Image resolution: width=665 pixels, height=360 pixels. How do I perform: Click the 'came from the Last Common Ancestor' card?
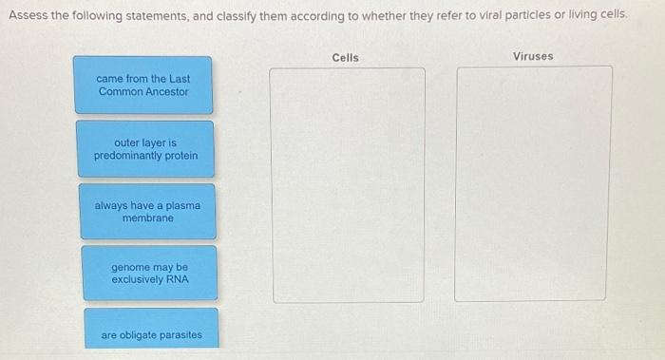point(142,85)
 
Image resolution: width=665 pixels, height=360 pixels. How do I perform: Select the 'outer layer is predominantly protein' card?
point(145,149)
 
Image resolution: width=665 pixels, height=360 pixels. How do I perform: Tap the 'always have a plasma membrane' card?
point(147,212)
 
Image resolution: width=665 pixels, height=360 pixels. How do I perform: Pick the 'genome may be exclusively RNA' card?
point(149,274)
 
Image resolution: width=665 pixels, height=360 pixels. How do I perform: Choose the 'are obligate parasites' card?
point(151,334)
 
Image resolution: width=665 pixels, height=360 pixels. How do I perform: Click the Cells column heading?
point(346,58)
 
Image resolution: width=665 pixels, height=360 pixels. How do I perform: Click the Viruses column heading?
point(533,57)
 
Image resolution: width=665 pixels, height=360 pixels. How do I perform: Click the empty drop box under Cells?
point(348,184)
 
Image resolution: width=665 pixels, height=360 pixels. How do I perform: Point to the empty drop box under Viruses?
point(533,183)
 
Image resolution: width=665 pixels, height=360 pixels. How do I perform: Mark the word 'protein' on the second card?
point(180,156)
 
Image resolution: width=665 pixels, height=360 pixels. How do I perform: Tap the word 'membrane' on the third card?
point(147,218)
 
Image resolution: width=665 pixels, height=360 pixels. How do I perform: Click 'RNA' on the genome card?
point(177,280)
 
